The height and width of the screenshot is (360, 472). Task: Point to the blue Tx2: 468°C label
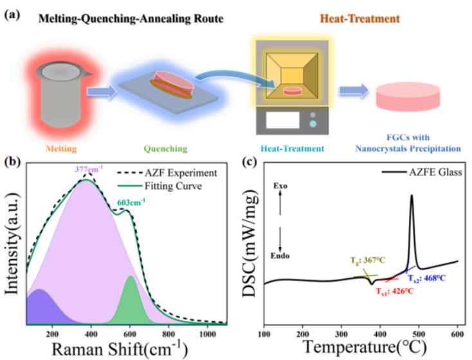click(426, 278)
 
